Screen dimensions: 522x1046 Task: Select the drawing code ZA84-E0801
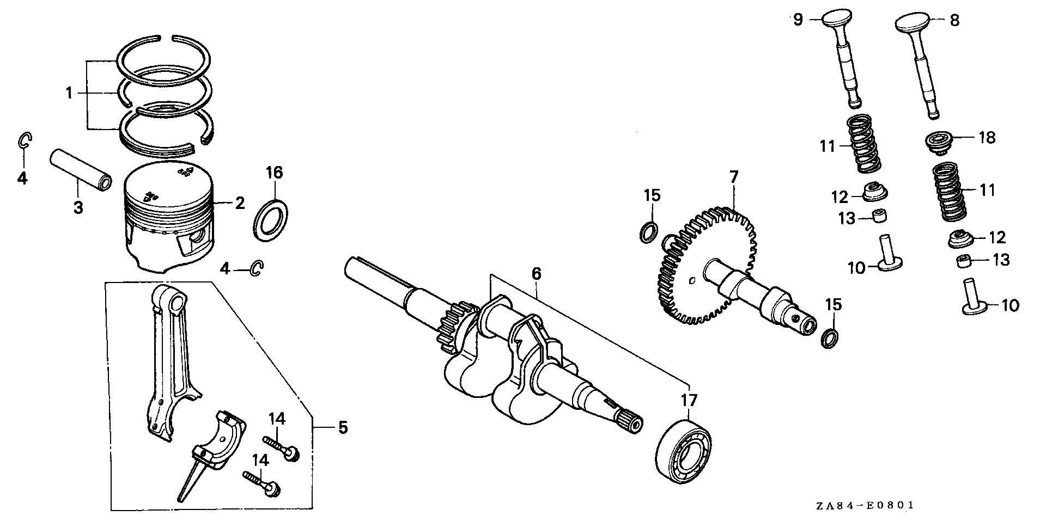pyautogui.click(x=865, y=506)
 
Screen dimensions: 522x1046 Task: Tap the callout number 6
pyautogui.click(x=537, y=273)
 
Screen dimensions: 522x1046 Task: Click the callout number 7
pyautogui.click(x=733, y=177)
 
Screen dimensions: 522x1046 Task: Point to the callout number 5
pyautogui.click(x=342, y=427)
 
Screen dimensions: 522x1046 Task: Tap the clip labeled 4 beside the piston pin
pyautogui.click(x=25, y=140)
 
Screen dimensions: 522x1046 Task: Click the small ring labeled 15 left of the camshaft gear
pyautogui.click(x=648, y=231)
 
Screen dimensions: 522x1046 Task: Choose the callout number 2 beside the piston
pyautogui.click(x=240, y=204)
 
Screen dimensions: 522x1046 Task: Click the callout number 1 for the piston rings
pyautogui.click(x=69, y=93)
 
